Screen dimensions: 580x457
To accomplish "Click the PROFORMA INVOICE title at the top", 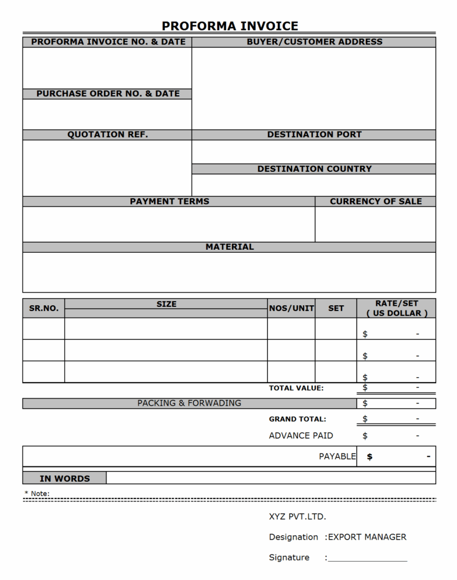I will (x=230, y=26).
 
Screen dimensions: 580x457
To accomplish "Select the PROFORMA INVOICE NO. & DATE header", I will (x=108, y=42).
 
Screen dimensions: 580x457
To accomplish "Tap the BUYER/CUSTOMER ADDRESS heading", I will (x=314, y=42).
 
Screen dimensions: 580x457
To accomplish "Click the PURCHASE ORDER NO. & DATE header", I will (x=108, y=93).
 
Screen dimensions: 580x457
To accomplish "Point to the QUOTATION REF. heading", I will (x=108, y=134).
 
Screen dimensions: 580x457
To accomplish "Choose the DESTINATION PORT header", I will (x=314, y=134).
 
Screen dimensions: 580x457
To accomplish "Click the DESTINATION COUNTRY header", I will (x=314, y=169).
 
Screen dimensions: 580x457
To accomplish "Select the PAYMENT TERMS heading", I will (x=170, y=201).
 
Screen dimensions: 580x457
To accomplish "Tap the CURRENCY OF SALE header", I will (x=375, y=201).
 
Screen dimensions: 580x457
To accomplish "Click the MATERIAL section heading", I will (x=230, y=246).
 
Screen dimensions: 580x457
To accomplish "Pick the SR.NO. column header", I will (x=44, y=308).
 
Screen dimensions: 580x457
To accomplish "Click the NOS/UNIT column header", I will (x=292, y=308).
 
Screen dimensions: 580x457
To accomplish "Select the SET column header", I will (x=336, y=308).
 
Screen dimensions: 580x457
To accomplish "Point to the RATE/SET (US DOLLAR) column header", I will (x=396, y=308).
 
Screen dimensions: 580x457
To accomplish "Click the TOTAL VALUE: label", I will (x=296, y=388).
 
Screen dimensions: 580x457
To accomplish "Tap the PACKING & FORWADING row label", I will (x=189, y=403).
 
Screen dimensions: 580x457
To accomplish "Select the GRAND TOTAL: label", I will (x=297, y=419).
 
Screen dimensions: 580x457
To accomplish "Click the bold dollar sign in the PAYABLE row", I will (x=370, y=457).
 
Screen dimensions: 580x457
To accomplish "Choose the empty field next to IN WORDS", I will (x=271, y=478).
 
